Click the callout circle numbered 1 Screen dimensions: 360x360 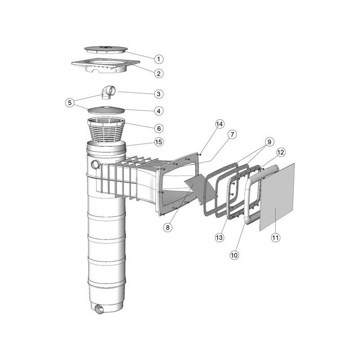click(159, 59)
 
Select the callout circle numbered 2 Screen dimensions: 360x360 click(159, 74)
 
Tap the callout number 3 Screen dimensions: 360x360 click(159, 94)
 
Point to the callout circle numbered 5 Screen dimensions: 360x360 click(70, 103)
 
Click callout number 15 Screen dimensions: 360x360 click(159, 142)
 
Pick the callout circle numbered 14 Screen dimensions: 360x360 click(219, 124)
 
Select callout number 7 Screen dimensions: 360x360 click(232, 134)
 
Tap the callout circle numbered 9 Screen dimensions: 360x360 click(269, 142)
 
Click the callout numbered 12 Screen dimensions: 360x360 click(281, 152)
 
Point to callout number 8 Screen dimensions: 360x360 click(167, 227)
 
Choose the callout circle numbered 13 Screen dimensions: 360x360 click(219, 238)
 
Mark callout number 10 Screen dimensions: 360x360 click(234, 255)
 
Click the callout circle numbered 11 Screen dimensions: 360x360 click(275, 238)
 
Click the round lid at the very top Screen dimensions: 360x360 click(106, 49)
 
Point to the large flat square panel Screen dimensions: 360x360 click(277, 197)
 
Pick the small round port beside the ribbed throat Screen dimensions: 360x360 click(95, 165)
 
